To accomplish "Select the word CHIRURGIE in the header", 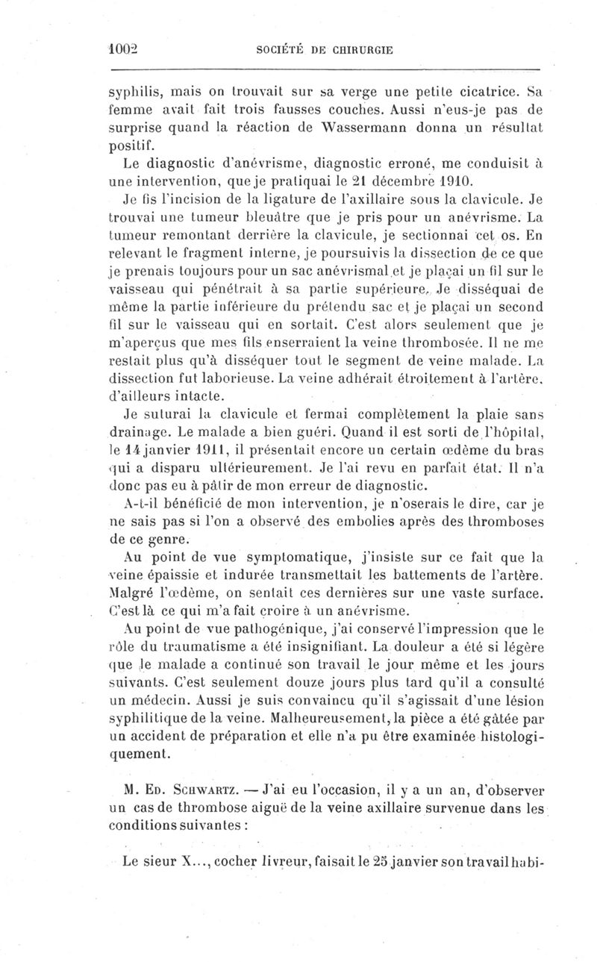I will click(361, 50).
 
